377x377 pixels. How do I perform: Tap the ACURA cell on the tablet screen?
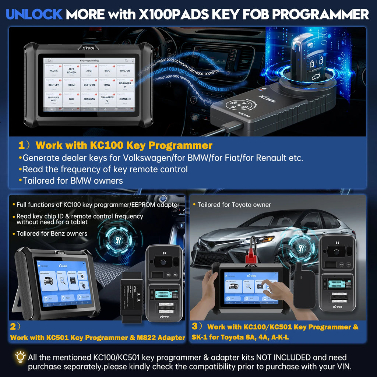[x=53, y=71]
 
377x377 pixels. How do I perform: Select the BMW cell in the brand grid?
[x=107, y=85]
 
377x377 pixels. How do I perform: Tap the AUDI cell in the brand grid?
[x=89, y=71]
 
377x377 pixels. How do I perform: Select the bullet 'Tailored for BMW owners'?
[x=73, y=180]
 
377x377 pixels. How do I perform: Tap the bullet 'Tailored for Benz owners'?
[x=52, y=233]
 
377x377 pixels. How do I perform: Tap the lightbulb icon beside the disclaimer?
[x=19, y=357]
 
